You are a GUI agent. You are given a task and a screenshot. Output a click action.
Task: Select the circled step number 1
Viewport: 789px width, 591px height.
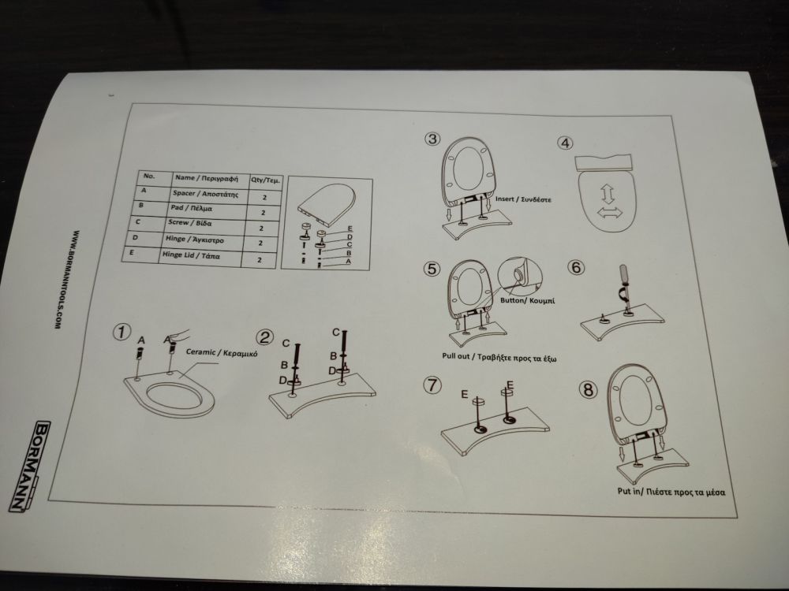click(x=122, y=333)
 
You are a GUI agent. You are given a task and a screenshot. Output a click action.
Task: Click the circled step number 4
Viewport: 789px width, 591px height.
click(x=565, y=143)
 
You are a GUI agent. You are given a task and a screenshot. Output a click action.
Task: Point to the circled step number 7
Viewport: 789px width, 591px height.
click(x=432, y=385)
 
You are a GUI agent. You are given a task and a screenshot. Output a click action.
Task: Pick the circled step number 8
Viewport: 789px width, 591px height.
click(x=589, y=389)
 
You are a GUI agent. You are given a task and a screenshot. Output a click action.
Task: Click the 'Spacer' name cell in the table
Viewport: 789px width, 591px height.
click(x=205, y=194)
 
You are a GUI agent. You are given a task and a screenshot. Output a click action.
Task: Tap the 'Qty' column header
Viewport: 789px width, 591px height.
click(x=266, y=180)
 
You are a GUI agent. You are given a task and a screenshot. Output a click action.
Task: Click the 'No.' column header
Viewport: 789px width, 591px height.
click(x=150, y=176)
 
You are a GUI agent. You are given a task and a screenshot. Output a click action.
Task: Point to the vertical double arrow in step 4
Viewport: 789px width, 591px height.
click(x=608, y=194)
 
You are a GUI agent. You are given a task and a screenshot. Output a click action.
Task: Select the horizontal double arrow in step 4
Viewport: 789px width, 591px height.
click(x=610, y=213)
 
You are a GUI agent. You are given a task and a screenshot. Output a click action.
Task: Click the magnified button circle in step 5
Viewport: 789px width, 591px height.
click(x=520, y=278)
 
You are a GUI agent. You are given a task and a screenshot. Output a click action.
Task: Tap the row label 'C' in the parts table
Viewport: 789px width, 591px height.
click(x=137, y=221)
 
